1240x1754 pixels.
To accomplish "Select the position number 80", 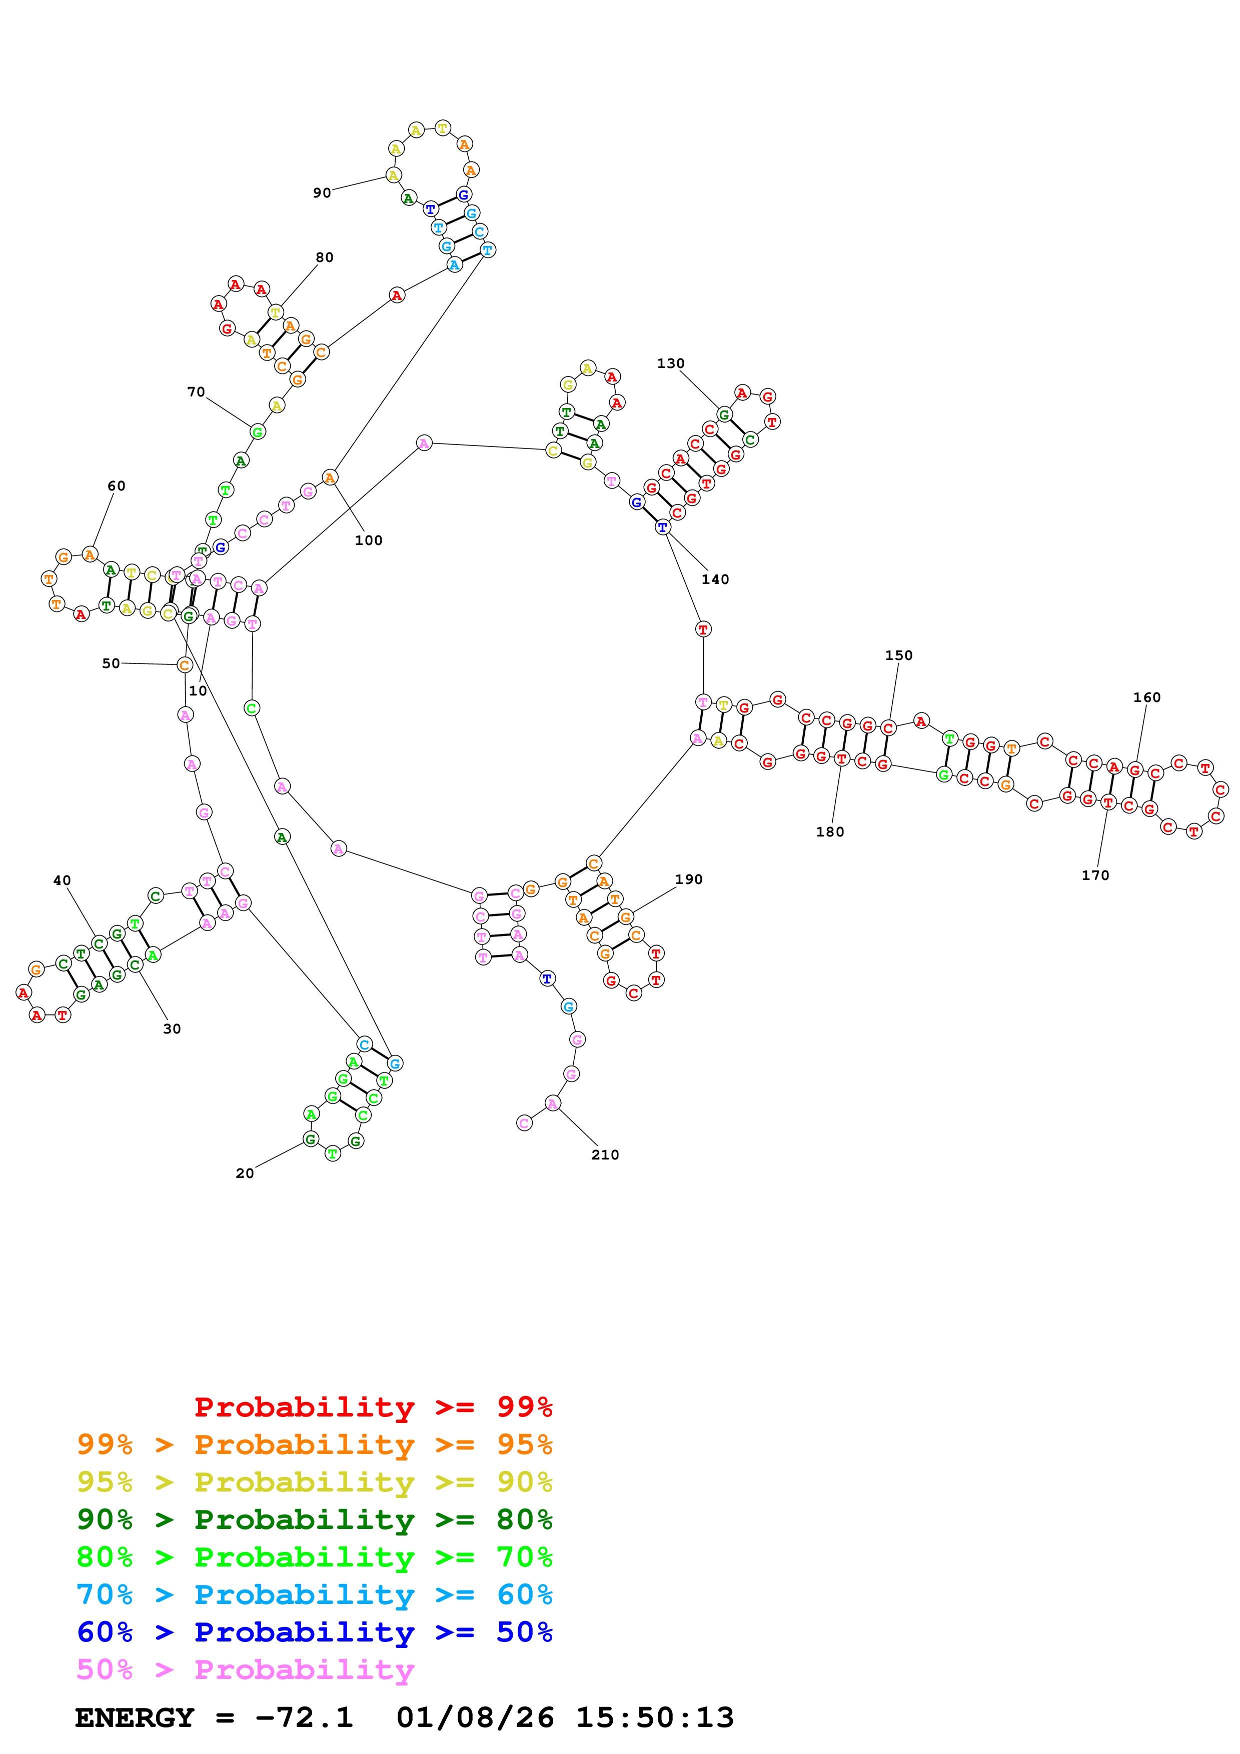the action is click(x=325, y=257).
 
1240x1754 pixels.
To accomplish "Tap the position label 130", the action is click(x=671, y=363).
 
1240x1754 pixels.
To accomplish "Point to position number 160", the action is click(x=1147, y=697).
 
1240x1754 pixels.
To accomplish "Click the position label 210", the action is click(x=605, y=1155).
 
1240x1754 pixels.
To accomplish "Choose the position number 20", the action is click(x=245, y=1173).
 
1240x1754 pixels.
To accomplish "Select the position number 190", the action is click(x=688, y=879).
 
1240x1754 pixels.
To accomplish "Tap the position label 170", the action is click(x=1095, y=875).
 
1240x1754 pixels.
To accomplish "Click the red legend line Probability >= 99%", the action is click(x=373, y=1407).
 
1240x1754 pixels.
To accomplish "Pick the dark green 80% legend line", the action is click(x=314, y=1519).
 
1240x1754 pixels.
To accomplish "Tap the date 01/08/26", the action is click(x=475, y=1717).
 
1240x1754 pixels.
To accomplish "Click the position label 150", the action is click(x=898, y=655).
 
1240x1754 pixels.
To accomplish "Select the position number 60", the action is click(x=116, y=486).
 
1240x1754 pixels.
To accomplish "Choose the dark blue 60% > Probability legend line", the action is click(x=314, y=1632).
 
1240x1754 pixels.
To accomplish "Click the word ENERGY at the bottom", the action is click(x=135, y=1717).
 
